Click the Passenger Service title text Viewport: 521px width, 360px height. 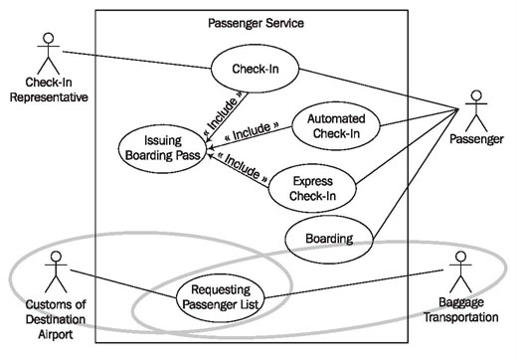(256, 23)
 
